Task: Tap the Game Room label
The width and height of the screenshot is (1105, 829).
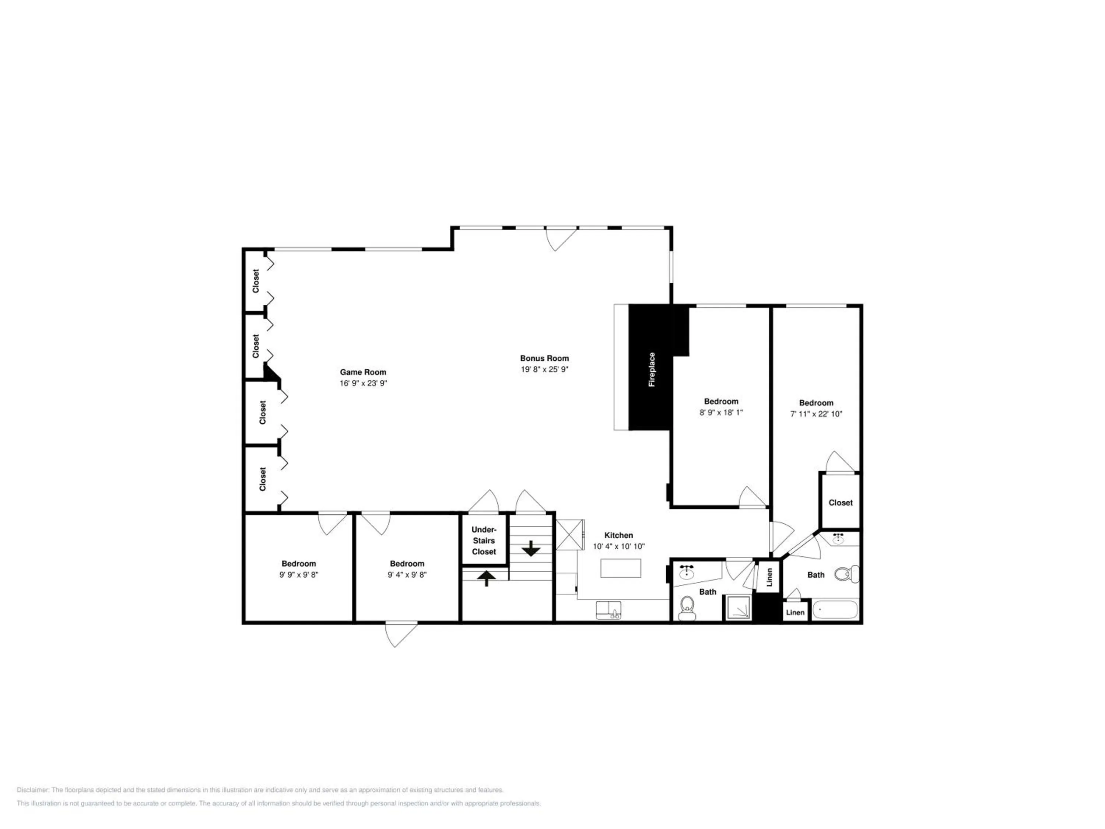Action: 363,372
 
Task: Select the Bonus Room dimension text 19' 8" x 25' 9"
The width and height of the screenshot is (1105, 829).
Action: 544,369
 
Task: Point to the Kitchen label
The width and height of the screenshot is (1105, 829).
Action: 618,535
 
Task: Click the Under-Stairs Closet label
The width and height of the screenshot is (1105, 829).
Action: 484,541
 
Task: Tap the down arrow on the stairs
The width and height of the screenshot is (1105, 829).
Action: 531,548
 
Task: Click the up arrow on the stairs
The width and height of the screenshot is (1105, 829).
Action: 487,578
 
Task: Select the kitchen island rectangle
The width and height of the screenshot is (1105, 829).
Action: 620,568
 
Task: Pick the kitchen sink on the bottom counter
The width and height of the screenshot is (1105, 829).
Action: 608,610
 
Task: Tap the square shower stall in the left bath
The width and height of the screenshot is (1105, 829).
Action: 739,608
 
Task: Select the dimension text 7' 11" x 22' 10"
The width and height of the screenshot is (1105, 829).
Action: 816,414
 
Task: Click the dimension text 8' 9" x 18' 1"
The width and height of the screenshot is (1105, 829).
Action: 721,412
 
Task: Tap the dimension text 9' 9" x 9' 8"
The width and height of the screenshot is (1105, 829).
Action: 299,575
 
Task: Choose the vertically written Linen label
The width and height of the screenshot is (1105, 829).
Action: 769,577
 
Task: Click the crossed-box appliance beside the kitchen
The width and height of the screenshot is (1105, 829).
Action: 570,535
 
